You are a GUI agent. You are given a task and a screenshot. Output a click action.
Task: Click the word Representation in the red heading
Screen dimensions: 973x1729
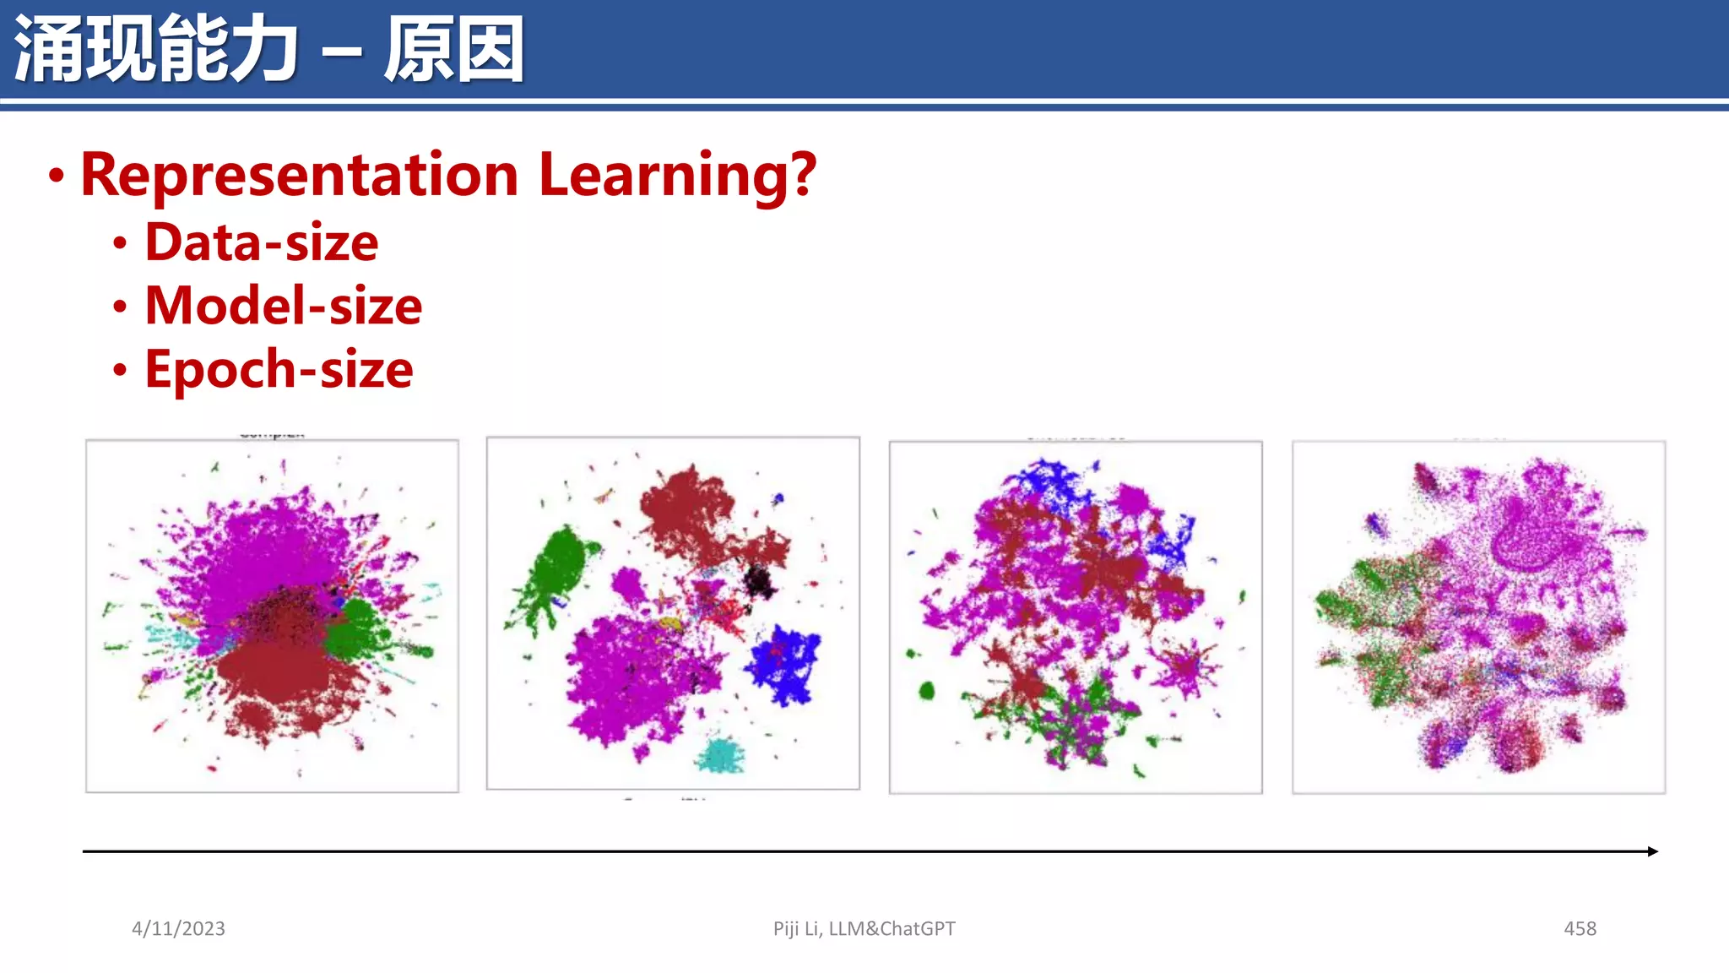coord(300,175)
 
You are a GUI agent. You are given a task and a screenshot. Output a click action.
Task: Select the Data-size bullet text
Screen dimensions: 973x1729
coord(262,242)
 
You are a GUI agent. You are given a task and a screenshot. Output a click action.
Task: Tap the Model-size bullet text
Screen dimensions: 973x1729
coord(283,306)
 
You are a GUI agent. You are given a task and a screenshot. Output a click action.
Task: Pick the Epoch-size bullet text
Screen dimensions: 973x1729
coord(279,369)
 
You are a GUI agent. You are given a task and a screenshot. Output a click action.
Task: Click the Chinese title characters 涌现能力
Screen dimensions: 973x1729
coord(156,49)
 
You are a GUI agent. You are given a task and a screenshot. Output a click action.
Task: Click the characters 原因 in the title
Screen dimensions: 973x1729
coord(454,49)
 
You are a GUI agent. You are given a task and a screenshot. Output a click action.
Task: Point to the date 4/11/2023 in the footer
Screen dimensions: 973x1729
coord(178,928)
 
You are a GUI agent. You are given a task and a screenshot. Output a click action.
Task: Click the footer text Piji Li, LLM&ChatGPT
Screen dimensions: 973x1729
coord(864,928)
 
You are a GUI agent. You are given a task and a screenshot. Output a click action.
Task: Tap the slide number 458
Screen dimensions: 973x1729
coord(1580,928)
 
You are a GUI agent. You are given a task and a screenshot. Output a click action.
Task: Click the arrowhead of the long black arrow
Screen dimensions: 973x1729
coord(1652,851)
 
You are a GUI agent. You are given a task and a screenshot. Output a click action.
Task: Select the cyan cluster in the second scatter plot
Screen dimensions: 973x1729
coord(720,754)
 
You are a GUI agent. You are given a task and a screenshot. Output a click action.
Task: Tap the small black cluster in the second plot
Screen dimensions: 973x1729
coord(758,581)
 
